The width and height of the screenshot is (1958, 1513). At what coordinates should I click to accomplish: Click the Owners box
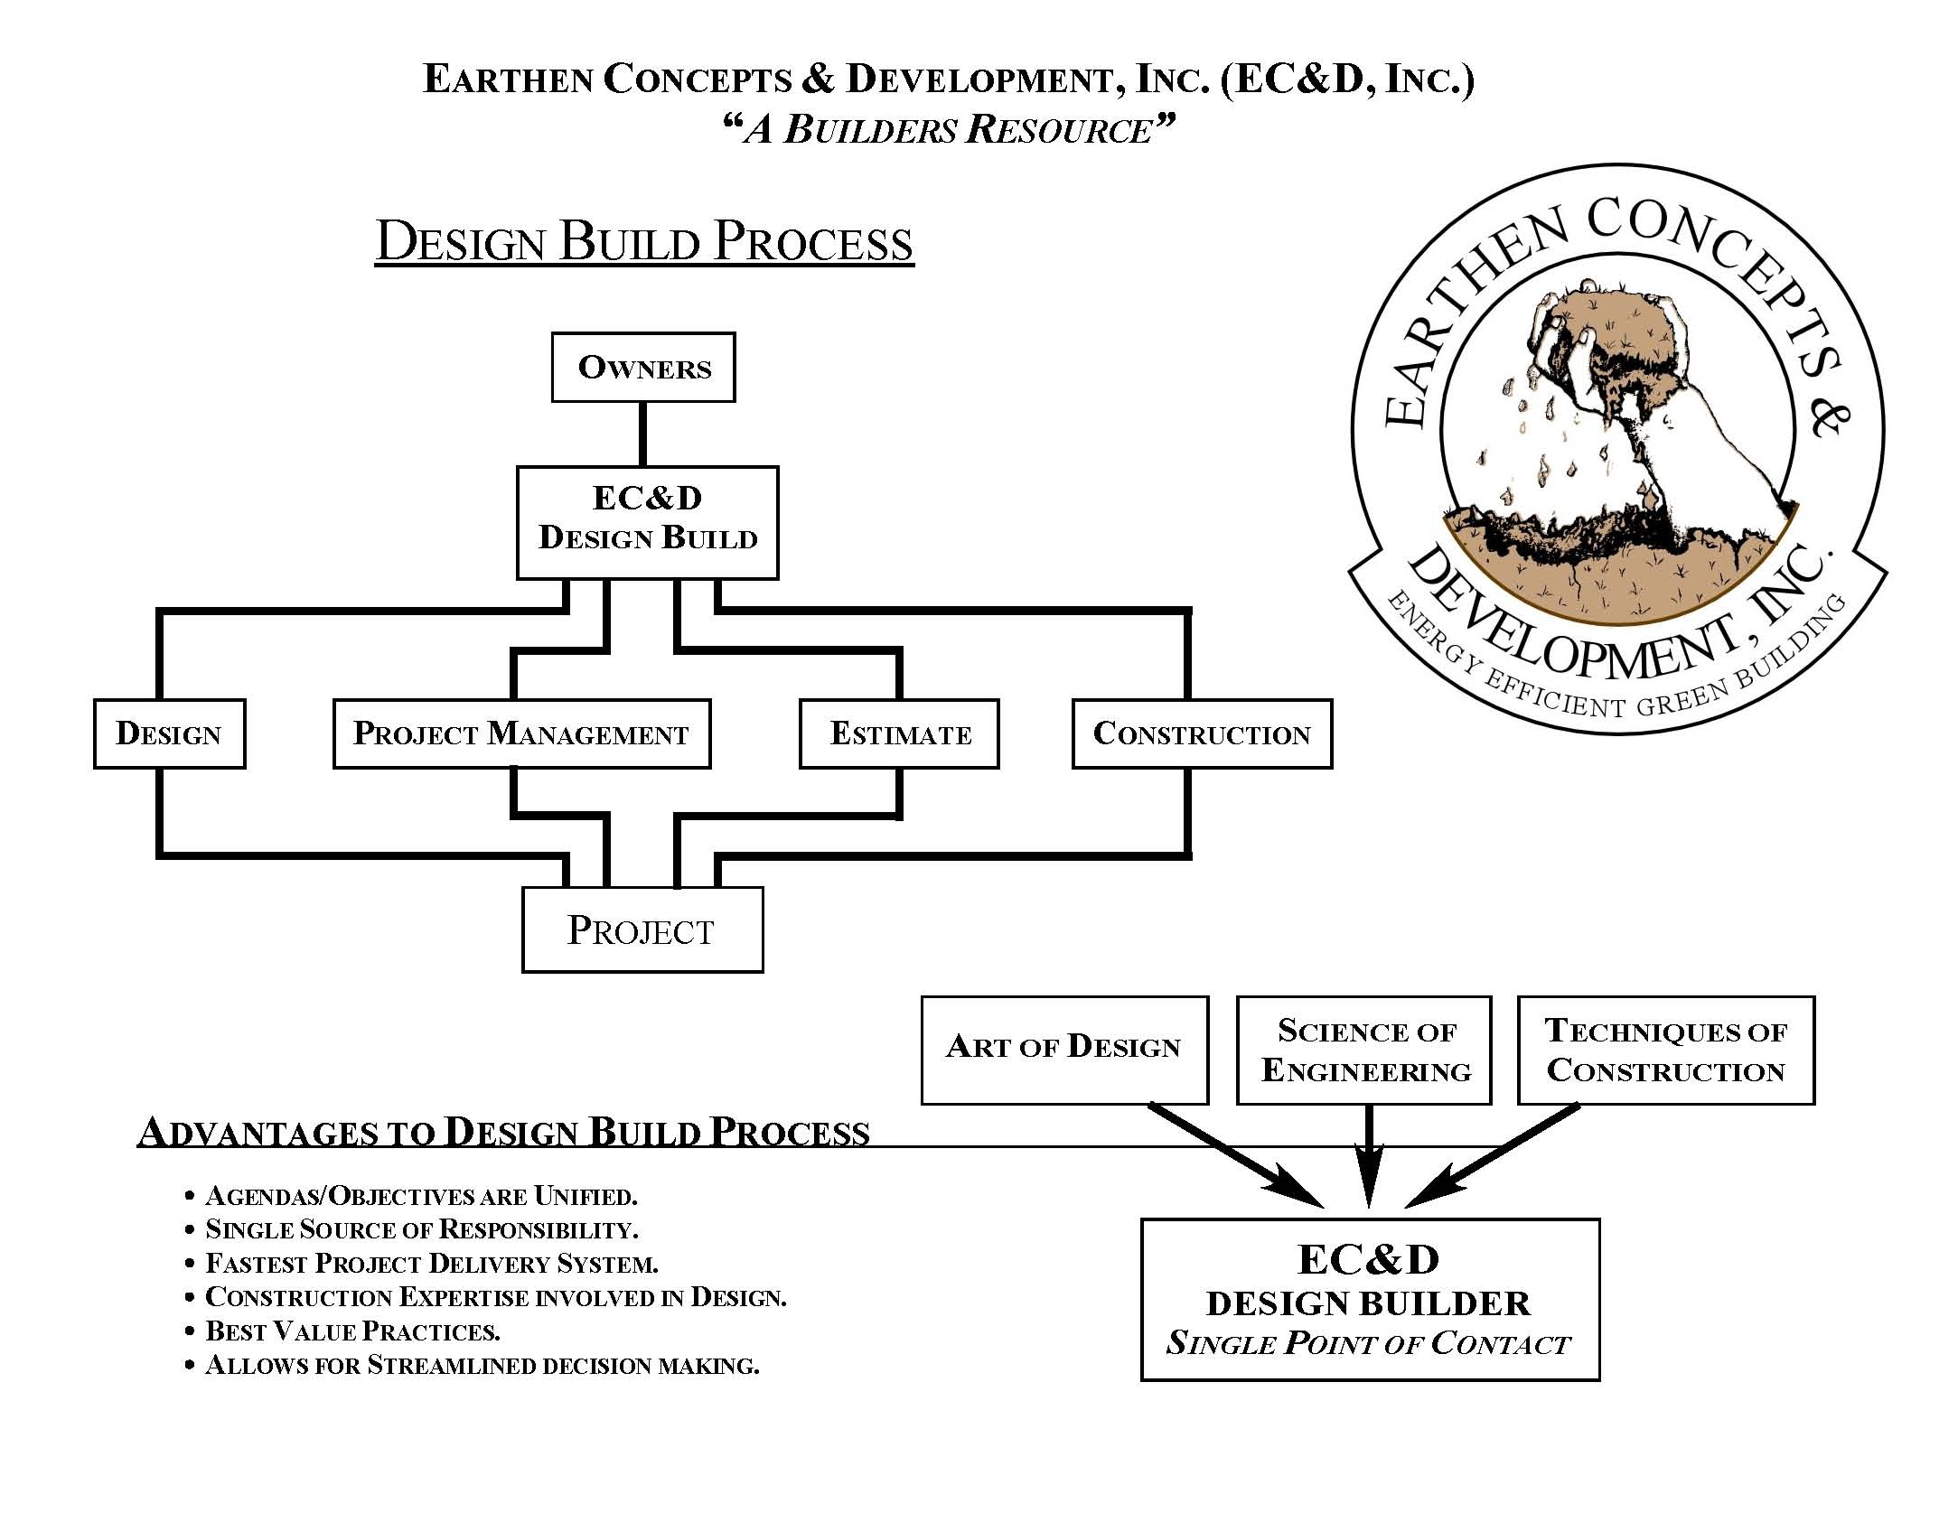pyautogui.click(x=643, y=367)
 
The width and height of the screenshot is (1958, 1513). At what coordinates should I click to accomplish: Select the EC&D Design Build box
pyautogui.click(x=647, y=522)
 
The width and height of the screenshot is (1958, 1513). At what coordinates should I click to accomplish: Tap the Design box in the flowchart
pyautogui.click(x=169, y=733)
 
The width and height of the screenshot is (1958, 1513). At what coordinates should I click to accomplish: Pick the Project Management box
pyautogui.click(x=521, y=733)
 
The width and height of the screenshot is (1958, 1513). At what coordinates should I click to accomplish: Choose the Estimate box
pyautogui.click(x=899, y=733)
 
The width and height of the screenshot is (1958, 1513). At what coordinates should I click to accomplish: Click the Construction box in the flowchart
pyautogui.click(x=1202, y=733)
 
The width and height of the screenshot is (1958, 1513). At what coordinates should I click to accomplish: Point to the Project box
pyautogui.click(x=642, y=929)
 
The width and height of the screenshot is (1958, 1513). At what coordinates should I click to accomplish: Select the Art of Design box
pyautogui.click(x=1064, y=1050)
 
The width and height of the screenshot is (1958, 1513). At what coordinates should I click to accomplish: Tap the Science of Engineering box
pyautogui.click(x=1363, y=1050)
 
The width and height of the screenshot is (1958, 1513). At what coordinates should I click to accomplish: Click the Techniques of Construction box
pyautogui.click(x=1665, y=1050)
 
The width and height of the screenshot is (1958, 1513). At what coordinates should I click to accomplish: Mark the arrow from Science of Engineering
pyautogui.click(x=1369, y=1156)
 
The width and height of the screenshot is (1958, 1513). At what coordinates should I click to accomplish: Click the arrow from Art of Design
pyautogui.click(x=1237, y=1154)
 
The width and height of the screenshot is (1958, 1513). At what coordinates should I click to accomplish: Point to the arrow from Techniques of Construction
pyautogui.click(x=1491, y=1155)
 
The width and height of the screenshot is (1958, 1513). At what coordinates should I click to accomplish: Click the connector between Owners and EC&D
pyautogui.click(x=643, y=434)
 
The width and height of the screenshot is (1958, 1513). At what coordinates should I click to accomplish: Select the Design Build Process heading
pyautogui.click(x=644, y=242)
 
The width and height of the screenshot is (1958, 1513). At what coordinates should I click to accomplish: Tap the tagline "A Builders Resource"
pyautogui.click(x=949, y=128)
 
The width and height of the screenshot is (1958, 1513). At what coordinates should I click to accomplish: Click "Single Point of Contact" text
pyautogui.click(x=1369, y=1343)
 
